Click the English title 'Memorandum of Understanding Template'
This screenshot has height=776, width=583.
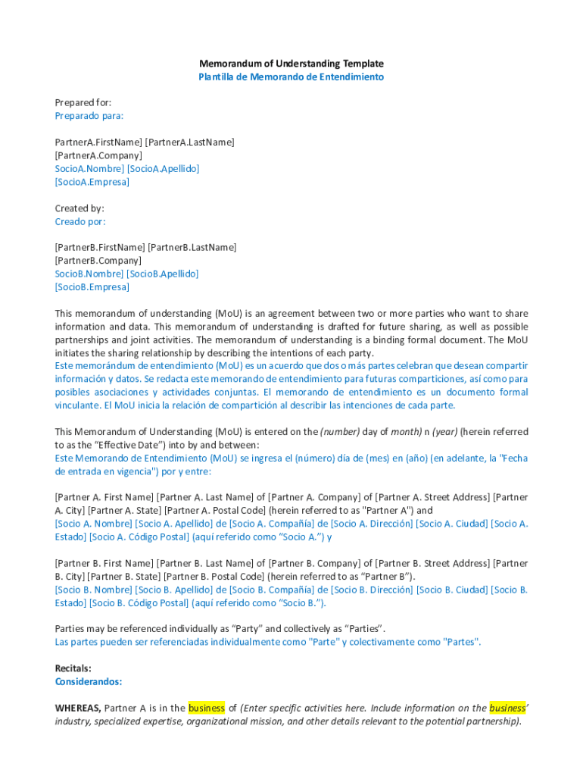tap(291, 64)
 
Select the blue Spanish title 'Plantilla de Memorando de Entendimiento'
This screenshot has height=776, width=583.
tap(291, 77)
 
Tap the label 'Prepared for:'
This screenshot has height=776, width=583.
tap(83, 102)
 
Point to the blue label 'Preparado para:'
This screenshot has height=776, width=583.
tap(89, 116)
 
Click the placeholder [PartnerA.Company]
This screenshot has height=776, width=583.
tap(98, 155)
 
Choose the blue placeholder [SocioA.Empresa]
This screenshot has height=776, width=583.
tap(92, 182)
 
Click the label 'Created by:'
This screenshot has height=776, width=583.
tap(79, 208)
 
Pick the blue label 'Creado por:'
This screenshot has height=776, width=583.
tap(80, 222)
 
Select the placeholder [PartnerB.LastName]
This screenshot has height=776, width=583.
tap(192, 247)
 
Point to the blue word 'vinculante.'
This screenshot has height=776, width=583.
tap(79, 405)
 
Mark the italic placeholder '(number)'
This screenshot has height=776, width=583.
tap(340, 432)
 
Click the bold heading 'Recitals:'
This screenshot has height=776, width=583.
tap(73, 668)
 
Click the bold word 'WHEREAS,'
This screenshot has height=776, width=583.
tap(78, 709)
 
